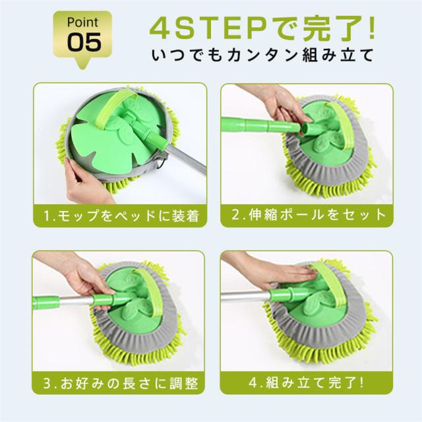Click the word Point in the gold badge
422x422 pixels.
[82, 22]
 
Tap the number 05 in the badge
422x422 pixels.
[84, 42]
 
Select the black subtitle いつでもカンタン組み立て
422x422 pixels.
[262, 55]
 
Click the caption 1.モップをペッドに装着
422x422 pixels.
[121, 216]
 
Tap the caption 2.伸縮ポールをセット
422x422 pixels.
[309, 215]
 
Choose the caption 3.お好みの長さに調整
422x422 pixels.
[121, 382]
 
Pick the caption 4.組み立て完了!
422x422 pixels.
[306, 382]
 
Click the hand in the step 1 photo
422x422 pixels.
[86, 183]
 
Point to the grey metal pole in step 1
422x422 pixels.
[186, 159]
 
